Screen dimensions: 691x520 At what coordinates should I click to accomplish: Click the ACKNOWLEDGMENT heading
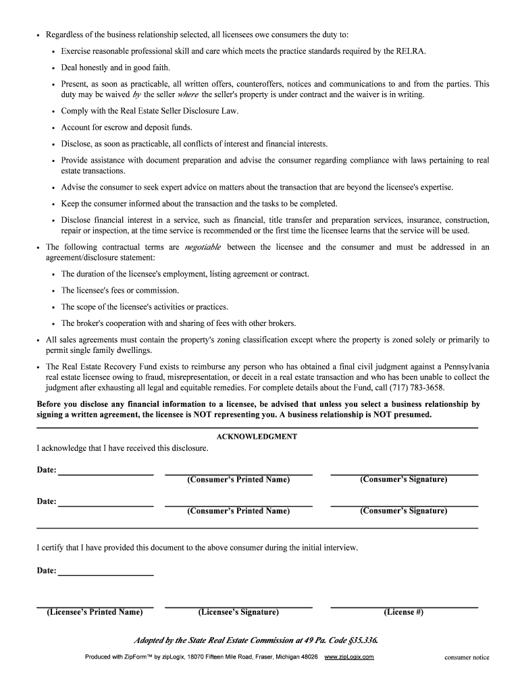coord(257,437)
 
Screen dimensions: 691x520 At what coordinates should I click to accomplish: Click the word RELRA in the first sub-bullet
coord(411,51)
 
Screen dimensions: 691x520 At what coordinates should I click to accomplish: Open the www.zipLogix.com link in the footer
coord(349,657)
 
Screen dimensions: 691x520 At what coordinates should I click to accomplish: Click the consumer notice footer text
coord(466,657)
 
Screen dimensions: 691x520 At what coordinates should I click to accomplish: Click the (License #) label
coord(403,612)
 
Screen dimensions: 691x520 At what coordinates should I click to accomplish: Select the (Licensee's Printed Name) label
coord(95,612)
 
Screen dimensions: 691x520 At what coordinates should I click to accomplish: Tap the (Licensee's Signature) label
coord(238,612)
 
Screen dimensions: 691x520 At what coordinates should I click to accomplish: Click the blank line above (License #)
coord(403,606)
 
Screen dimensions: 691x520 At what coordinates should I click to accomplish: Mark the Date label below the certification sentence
coord(46,571)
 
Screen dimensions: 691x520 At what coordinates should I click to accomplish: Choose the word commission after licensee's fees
coord(157,291)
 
